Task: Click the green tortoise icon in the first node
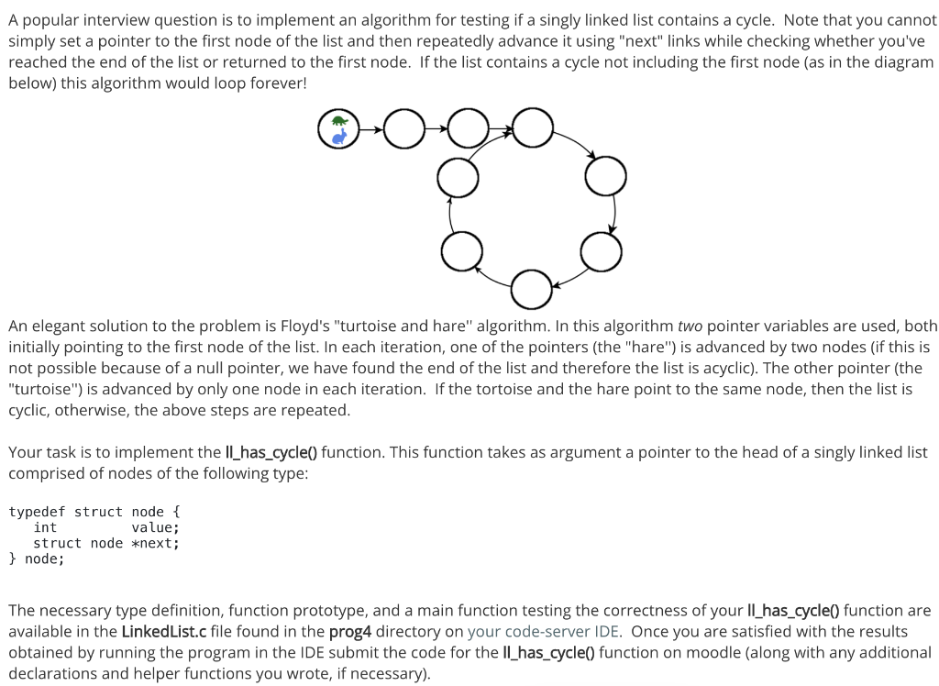[x=339, y=122]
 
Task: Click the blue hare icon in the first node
[x=339, y=138]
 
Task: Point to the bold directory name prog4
[x=349, y=631]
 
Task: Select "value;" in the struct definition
[x=155, y=527]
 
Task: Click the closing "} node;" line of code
[x=37, y=559]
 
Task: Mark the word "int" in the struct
[x=45, y=527]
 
